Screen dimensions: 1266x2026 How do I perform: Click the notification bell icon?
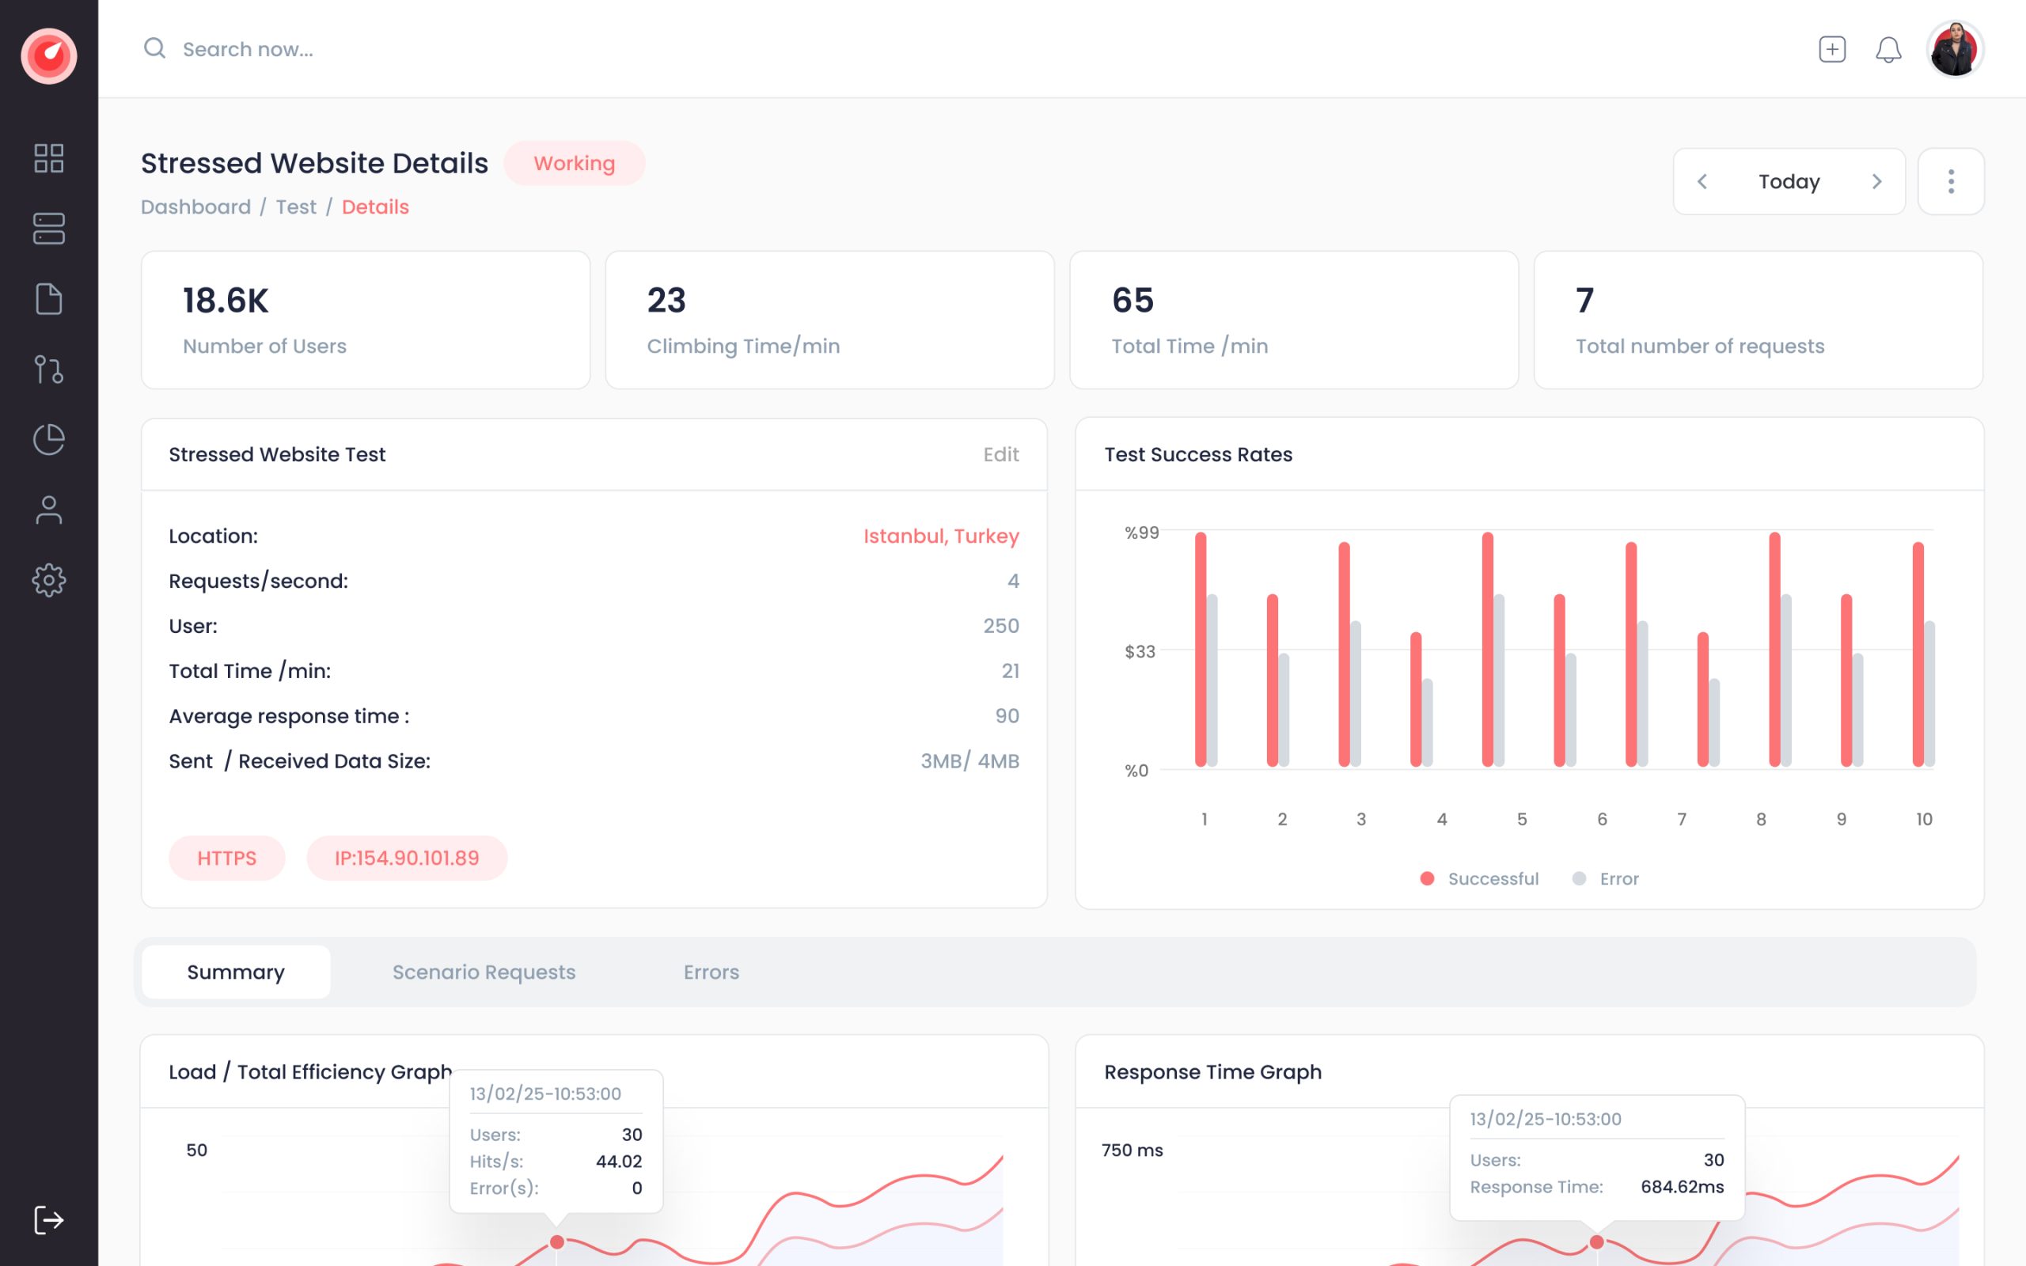1888,49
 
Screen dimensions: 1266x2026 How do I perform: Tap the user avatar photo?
1955,49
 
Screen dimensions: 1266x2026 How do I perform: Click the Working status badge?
575,163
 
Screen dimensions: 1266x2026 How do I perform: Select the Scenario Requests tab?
484,972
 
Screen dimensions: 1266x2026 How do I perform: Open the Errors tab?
711,972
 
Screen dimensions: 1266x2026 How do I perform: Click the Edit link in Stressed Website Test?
1000,455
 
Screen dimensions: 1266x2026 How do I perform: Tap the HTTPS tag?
227,859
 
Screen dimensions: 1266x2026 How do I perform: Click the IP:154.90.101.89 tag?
407,859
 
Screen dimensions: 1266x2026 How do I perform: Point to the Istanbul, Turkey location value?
941,536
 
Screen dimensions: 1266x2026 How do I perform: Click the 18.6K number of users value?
226,301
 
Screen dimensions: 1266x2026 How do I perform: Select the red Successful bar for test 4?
1416,699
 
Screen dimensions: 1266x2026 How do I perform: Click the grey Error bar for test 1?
1212,680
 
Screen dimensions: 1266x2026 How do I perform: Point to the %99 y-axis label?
1142,533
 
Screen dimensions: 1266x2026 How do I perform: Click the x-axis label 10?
1924,819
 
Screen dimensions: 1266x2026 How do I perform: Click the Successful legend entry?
1480,878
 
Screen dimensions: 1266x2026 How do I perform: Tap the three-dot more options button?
1951,182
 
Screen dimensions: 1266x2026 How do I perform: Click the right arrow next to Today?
1877,182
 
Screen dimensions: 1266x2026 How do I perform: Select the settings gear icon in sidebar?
48,580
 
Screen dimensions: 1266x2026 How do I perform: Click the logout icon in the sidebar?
48,1220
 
